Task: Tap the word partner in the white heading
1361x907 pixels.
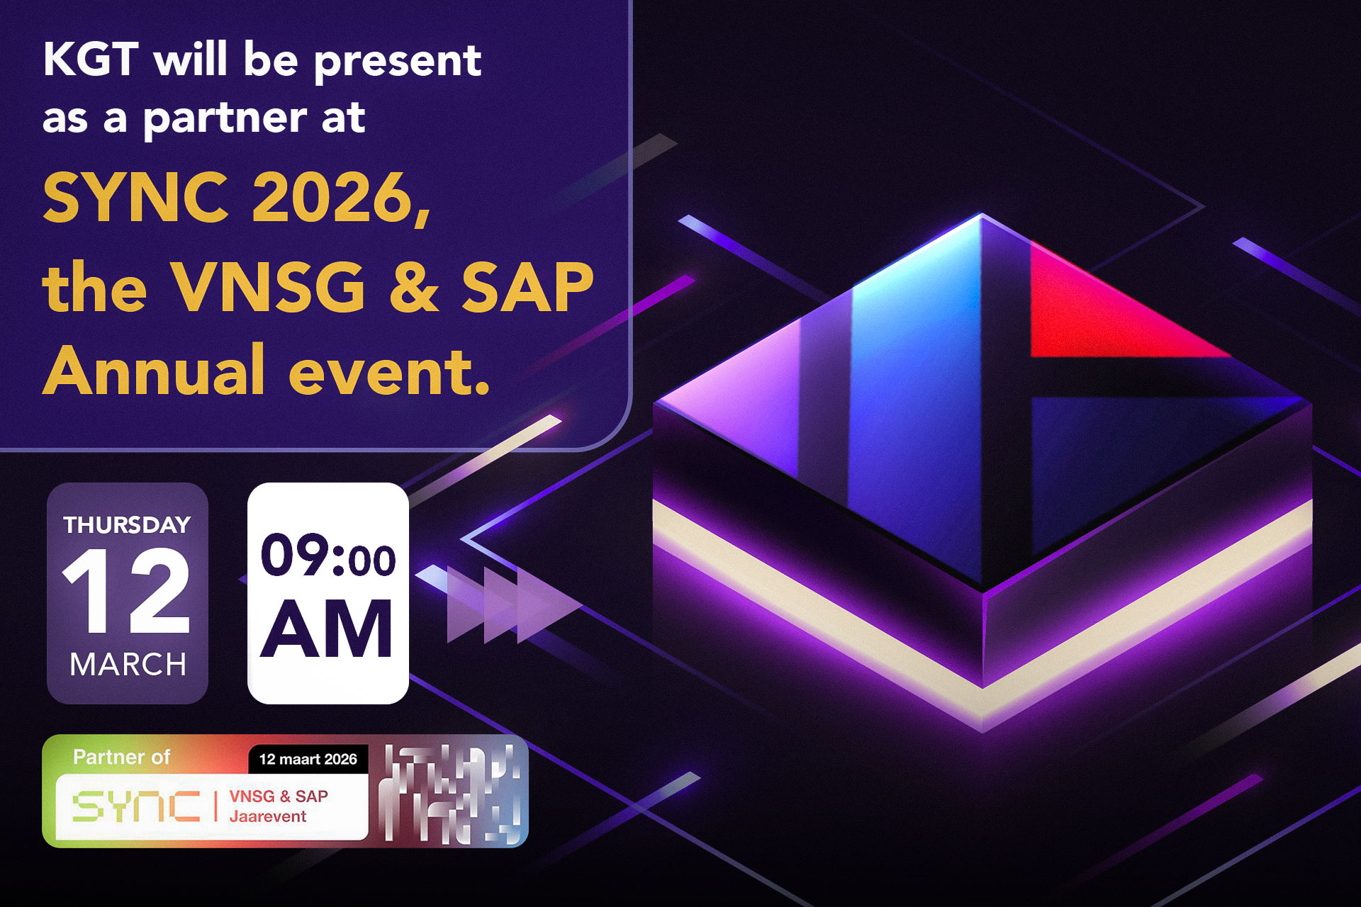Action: coord(225,119)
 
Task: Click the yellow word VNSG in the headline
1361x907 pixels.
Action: coord(270,287)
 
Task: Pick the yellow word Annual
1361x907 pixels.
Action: coord(154,371)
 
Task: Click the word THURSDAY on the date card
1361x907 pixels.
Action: coord(127,525)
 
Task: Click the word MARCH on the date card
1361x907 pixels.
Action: coord(128,665)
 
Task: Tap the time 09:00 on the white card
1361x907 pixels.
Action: coord(327,556)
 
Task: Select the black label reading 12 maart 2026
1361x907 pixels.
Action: coord(308,760)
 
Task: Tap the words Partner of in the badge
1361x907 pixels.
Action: coord(121,757)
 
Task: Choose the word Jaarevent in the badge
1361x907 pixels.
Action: coord(267,816)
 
